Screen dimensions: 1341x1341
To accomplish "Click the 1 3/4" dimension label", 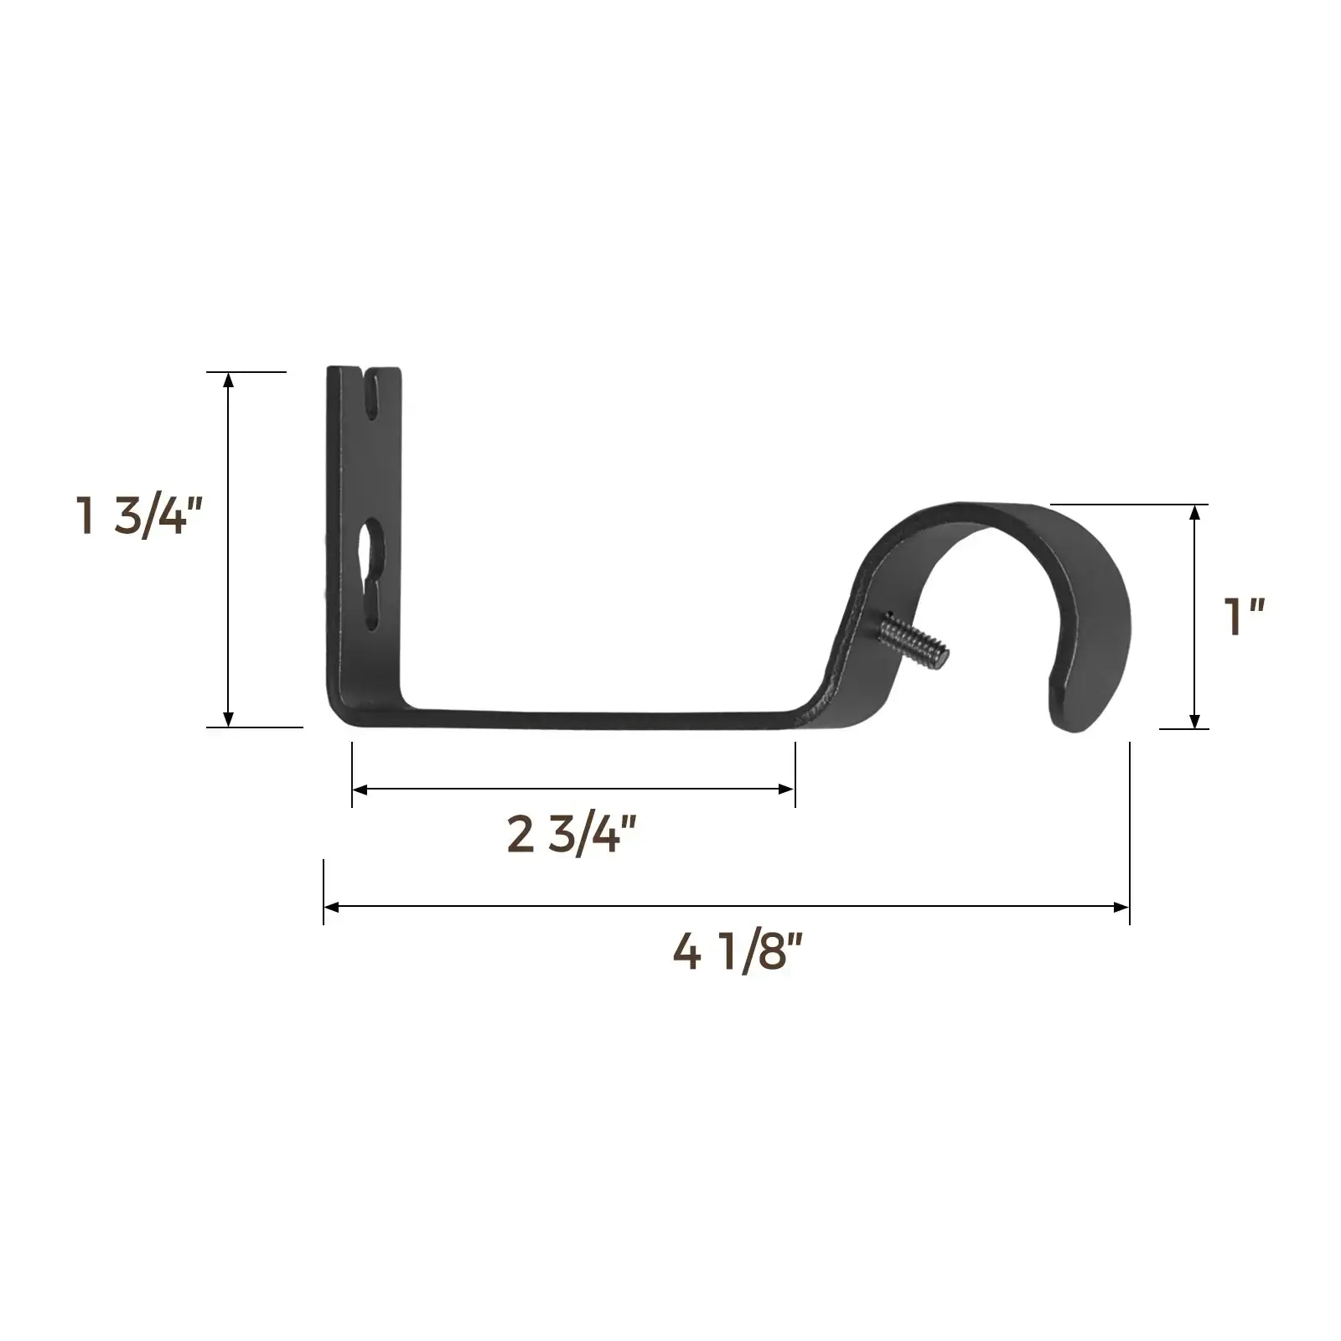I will (x=138, y=515).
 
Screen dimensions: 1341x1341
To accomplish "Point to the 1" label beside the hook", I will (x=1244, y=618).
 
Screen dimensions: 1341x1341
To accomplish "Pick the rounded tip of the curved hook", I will (x=1071, y=704).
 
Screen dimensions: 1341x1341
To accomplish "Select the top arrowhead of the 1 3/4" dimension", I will (x=228, y=379).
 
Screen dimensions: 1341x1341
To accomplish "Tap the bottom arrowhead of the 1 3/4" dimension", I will (x=228, y=720).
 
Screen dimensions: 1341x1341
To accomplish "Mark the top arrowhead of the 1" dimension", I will (x=1195, y=512).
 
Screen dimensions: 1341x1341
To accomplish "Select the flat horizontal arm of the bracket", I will (x=587, y=720).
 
